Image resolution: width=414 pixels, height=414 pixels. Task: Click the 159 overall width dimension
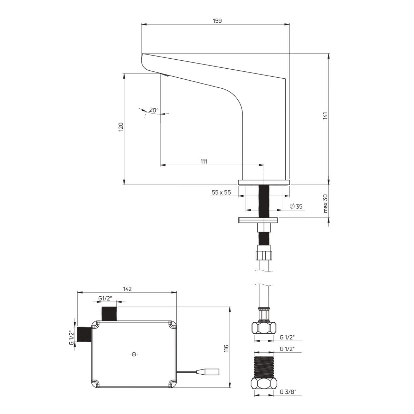click(217, 21)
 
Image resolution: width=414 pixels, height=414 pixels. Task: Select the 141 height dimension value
click(326, 116)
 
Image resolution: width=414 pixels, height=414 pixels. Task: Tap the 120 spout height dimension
click(121, 127)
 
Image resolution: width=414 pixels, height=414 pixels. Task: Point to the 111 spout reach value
click(204, 161)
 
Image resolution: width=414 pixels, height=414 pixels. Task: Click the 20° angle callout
click(154, 110)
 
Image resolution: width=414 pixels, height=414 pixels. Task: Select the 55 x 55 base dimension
click(221, 192)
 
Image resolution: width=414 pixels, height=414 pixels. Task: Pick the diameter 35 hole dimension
click(296, 206)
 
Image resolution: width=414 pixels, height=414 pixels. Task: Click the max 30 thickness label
click(325, 204)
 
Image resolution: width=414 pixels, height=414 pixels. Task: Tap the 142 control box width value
click(127, 289)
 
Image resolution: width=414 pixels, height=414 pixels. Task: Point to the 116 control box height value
click(227, 348)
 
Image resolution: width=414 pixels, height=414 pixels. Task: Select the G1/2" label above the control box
click(105, 298)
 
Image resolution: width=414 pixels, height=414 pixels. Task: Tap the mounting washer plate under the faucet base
click(258, 220)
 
